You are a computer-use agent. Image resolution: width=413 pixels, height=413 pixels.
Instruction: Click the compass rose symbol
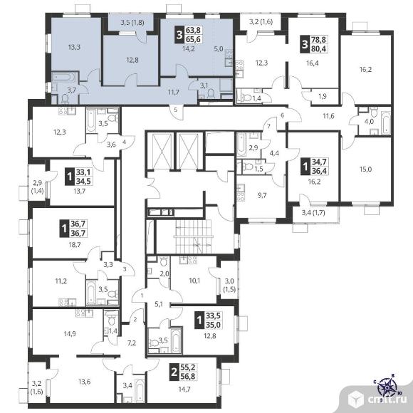point(387,387)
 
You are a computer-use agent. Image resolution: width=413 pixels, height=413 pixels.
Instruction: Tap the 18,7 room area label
point(75,245)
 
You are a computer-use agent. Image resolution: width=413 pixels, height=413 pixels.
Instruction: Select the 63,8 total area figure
point(194,30)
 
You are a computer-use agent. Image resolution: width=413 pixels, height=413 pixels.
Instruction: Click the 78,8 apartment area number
point(319,40)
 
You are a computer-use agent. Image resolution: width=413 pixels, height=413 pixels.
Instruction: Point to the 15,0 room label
point(365,169)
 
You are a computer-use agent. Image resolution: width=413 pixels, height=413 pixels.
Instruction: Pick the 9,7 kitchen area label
point(262,195)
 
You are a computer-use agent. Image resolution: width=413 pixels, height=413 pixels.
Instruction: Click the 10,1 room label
point(194,281)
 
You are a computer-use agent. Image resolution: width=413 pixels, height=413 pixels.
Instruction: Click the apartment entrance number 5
point(175,110)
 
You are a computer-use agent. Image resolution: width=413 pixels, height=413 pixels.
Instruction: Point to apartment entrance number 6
point(283,115)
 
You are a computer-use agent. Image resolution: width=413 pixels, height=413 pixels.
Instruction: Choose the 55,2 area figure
point(188,367)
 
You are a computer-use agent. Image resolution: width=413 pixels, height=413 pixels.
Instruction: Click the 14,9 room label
point(70,334)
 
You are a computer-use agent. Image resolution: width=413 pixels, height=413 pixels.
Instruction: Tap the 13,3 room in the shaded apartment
point(74,48)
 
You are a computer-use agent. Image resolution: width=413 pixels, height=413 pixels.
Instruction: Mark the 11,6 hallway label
point(328,115)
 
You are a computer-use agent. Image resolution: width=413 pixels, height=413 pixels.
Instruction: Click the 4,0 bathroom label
point(369,122)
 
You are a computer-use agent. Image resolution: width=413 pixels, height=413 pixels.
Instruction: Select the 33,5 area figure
point(213,315)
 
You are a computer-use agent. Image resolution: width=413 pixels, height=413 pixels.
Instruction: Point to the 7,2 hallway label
point(132,343)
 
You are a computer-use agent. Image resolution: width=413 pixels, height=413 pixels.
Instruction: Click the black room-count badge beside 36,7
point(64,229)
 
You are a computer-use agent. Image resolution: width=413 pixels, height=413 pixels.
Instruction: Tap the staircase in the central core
point(194,236)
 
